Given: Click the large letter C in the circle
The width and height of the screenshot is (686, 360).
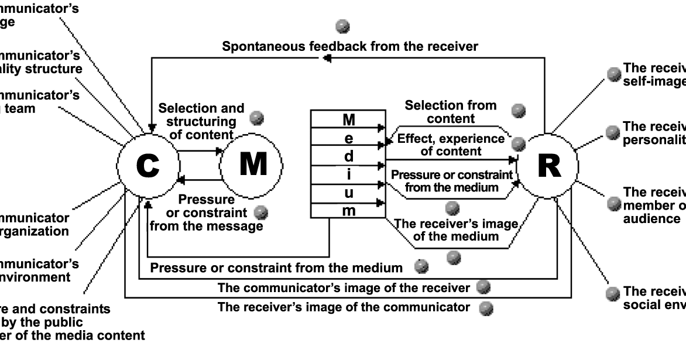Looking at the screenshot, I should pos(147,166).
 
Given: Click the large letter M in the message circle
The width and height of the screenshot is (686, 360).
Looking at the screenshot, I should pos(253,165).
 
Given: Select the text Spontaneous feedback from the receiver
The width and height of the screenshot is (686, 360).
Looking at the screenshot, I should pos(350,46).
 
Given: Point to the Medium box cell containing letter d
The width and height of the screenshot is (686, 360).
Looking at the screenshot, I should pos(348,157).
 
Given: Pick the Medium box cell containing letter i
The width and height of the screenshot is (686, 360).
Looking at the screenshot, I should pos(348,174).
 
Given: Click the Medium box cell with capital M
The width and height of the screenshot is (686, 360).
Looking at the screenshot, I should pos(348,120).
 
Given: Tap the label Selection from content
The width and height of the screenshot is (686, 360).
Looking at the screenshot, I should pos(450,112).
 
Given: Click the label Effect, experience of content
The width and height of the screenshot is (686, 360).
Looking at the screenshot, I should pos(450,145).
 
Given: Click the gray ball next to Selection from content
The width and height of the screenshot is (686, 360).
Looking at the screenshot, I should pos(518,110).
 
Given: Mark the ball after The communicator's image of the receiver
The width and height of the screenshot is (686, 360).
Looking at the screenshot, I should pos(483,287).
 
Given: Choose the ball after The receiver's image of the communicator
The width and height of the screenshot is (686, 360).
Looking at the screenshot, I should pos(485,307).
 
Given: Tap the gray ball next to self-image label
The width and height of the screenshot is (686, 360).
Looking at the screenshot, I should pos(613,73).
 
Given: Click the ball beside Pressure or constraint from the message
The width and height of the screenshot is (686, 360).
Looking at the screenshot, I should pos(262,212).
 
